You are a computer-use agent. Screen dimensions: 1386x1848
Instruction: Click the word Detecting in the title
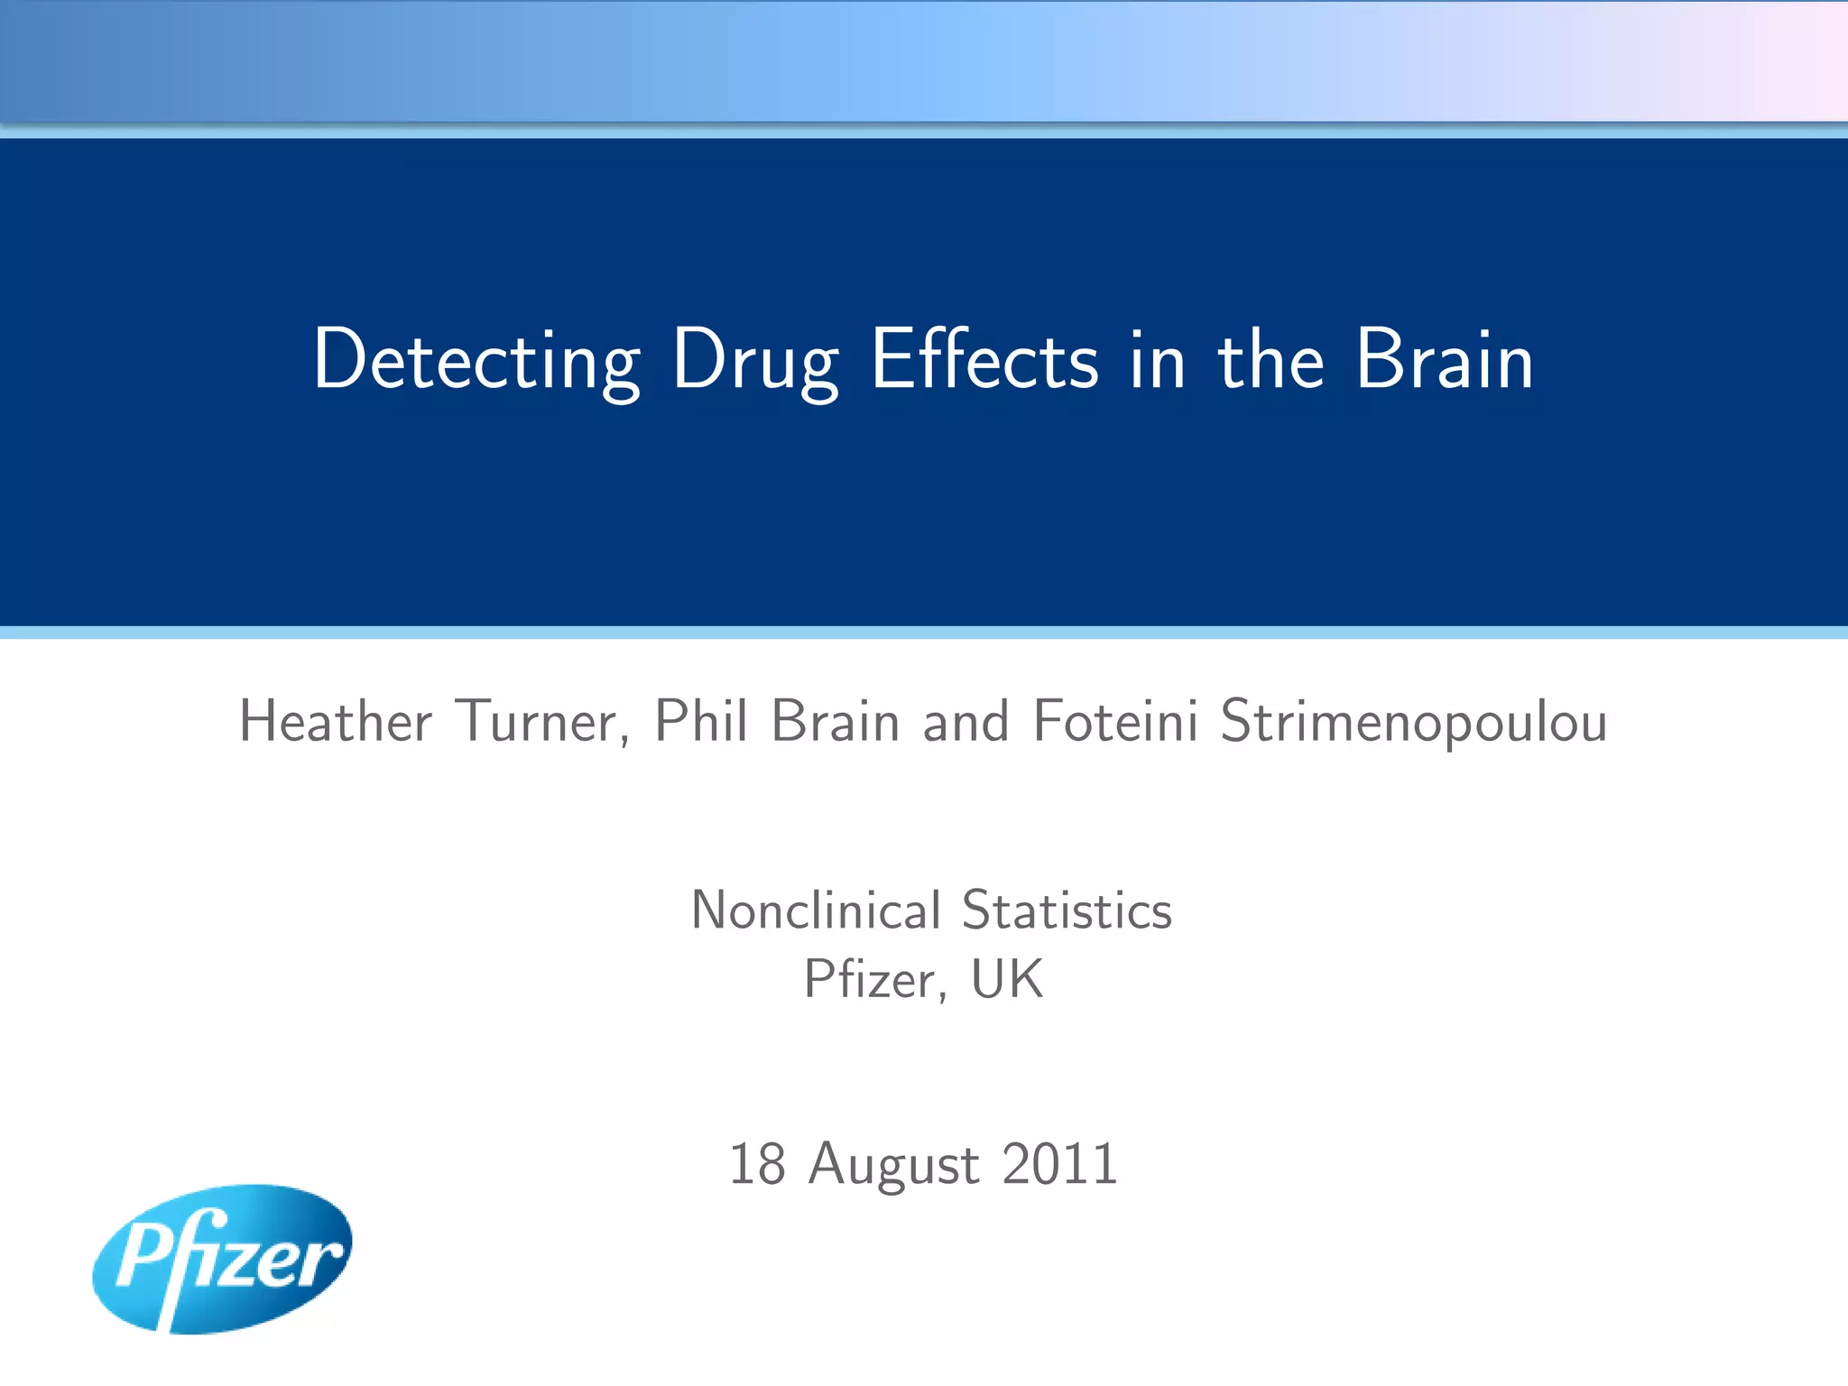pos(476,361)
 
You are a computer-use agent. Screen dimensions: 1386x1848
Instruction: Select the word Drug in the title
pos(756,361)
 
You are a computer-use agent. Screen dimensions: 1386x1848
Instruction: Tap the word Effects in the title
pos(984,361)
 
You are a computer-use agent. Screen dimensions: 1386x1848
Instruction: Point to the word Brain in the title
pos(1444,361)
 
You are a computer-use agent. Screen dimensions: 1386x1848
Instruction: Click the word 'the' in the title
pos(1270,361)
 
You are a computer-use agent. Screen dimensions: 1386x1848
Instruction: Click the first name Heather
pos(336,722)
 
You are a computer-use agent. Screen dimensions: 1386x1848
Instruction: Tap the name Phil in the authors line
pos(701,722)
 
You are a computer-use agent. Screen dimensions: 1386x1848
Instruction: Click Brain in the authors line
pos(836,722)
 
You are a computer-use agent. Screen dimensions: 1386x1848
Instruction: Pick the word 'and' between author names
pos(966,722)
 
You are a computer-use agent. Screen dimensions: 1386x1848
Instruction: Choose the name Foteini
pos(1115,722)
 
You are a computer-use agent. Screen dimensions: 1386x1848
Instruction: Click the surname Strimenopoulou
pos(1413,722)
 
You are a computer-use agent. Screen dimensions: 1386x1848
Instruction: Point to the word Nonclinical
pos(816,910)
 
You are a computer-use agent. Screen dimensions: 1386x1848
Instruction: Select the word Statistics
pos(1067,910)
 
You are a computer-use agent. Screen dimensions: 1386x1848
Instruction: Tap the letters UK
pos(1007,980)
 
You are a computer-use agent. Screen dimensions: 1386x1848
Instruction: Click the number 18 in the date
pos(756,1164)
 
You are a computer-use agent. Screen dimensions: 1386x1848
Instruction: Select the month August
pos(893,1164)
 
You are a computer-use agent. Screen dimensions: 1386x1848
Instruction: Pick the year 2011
pos(1060,1164)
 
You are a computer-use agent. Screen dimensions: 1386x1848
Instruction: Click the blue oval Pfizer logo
pos(222,1260)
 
